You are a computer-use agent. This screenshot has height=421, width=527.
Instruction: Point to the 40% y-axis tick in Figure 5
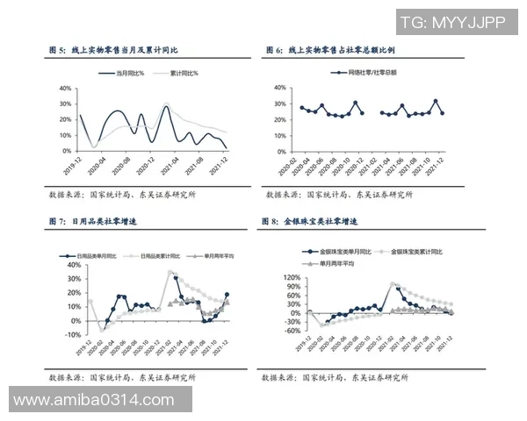coord(65,89)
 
